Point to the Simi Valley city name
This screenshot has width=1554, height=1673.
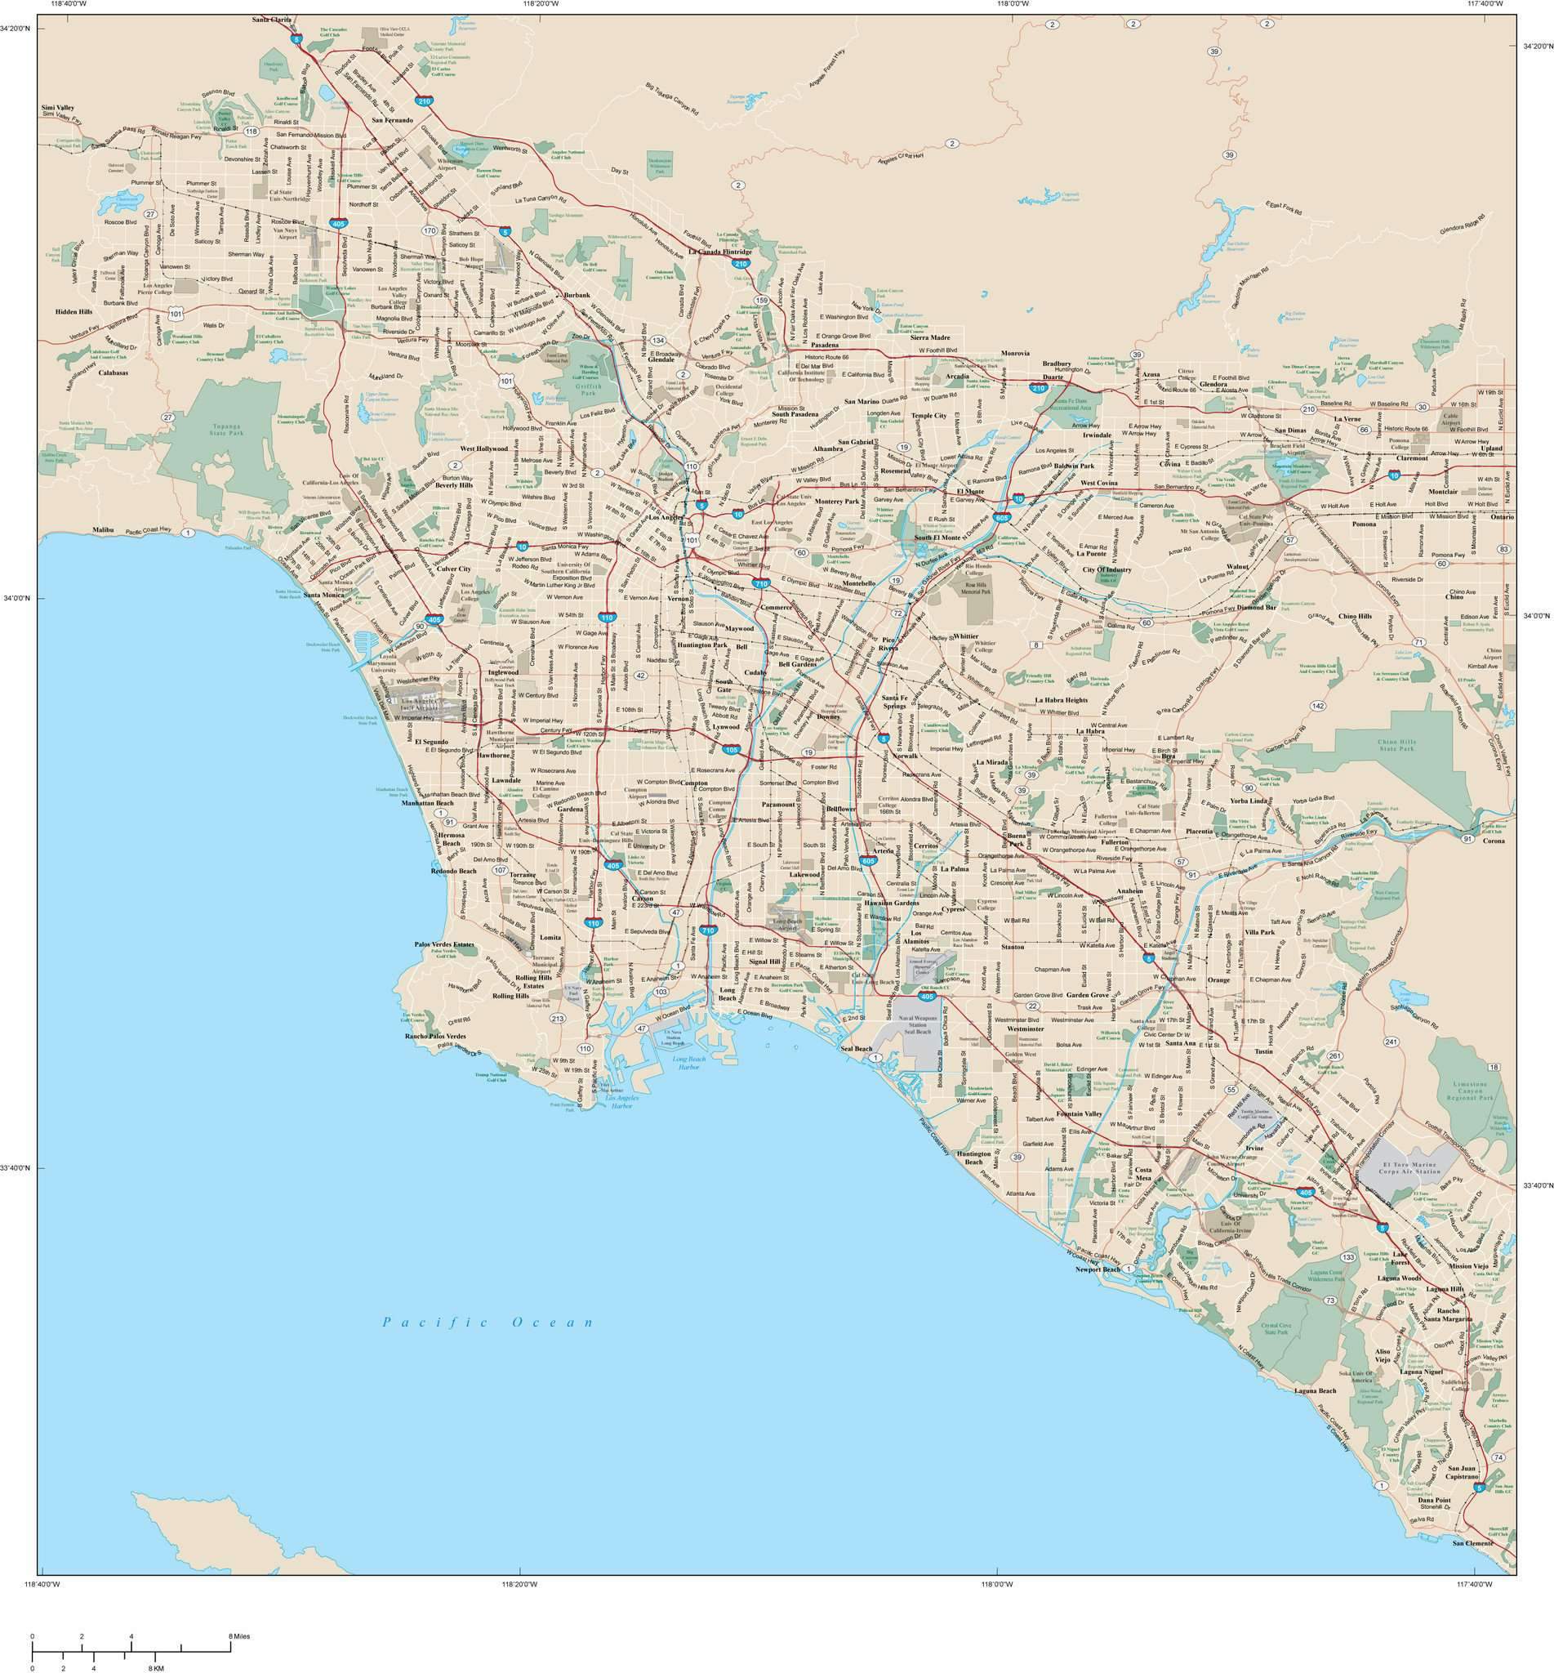pyautogui.click(x=57, y=109)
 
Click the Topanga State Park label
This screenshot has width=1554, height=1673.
pyautogui.click(x=219, y=433)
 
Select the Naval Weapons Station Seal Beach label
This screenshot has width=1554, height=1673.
pyautogui.click(x=916, y=1024)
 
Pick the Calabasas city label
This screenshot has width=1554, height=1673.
pyautogui.click(x=113, y=372)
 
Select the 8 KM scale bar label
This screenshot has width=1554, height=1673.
pyautogui.click(x=158, y=1667)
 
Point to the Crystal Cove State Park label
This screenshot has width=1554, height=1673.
pyautogui.click(x=1276, y=1330)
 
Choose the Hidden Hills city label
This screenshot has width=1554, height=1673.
pyautogui.click(x=73, y=311)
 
